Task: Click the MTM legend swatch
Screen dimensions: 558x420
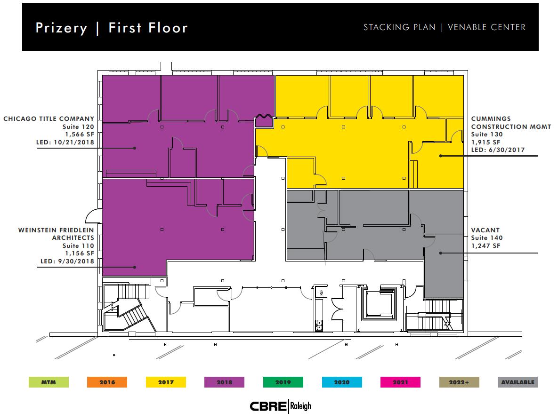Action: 49,382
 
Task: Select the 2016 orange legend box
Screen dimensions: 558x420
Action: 107,382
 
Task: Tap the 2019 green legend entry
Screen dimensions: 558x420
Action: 283,382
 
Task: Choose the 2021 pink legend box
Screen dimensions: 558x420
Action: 400,382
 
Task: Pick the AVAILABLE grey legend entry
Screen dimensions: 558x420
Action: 518,382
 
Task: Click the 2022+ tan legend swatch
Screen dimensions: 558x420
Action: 459,382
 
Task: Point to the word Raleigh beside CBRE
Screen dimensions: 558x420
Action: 301,406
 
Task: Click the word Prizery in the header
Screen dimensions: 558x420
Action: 62,28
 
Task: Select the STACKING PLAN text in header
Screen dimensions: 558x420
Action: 399,27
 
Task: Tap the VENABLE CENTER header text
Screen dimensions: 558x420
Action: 486,27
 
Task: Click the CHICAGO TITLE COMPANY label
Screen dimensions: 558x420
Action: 49,119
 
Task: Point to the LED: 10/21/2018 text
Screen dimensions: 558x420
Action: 65,142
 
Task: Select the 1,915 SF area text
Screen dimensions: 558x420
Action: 486,142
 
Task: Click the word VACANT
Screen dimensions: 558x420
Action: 485,230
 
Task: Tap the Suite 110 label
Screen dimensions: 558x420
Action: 78,246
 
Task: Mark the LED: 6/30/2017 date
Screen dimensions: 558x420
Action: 498,150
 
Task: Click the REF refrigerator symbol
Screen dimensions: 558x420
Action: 321,292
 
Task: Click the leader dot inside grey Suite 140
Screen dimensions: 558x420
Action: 441,253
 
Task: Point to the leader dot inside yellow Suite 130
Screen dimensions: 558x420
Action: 441,156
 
